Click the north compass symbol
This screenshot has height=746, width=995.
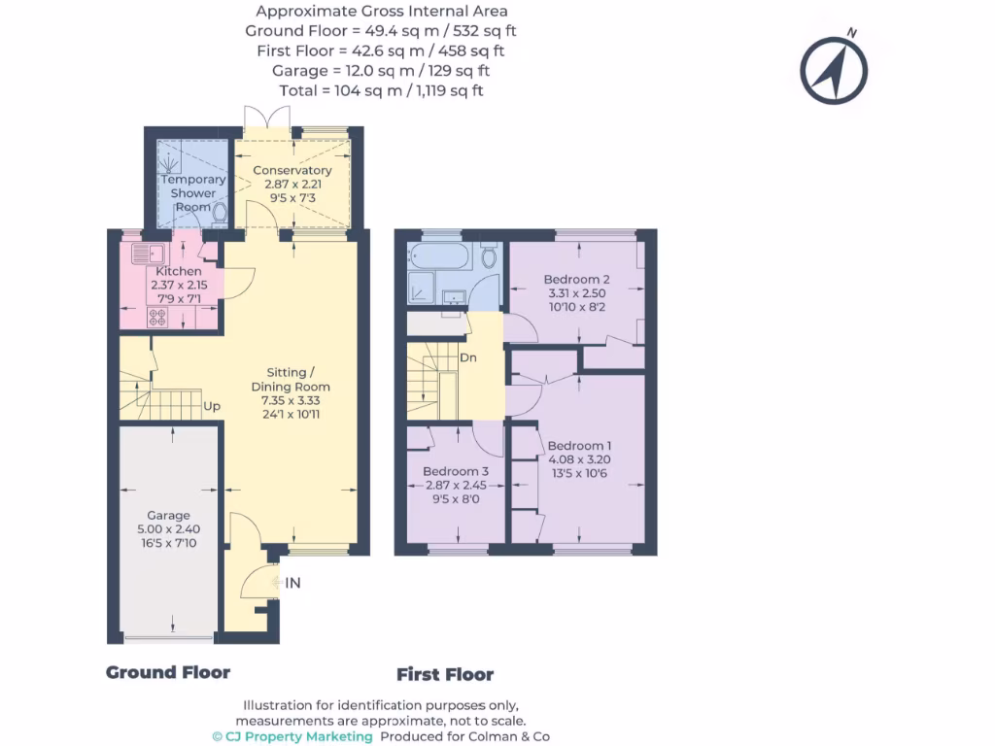point(833,70)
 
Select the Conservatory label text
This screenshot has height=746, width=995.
point(292,183)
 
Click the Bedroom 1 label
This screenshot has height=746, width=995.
point(580,459)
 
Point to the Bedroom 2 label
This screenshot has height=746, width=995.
point(577,292)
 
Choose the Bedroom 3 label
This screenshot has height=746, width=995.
point(456,484)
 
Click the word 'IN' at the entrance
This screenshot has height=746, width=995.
point(292,583)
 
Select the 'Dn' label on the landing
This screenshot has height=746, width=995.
point(468,356)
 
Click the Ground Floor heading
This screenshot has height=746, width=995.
point(168,672)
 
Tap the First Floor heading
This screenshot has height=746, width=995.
point(445,674)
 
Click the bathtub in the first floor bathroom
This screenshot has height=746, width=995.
point(440,257)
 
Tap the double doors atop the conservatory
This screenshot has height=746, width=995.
point(266,117)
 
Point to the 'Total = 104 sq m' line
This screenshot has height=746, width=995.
point(381,90)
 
